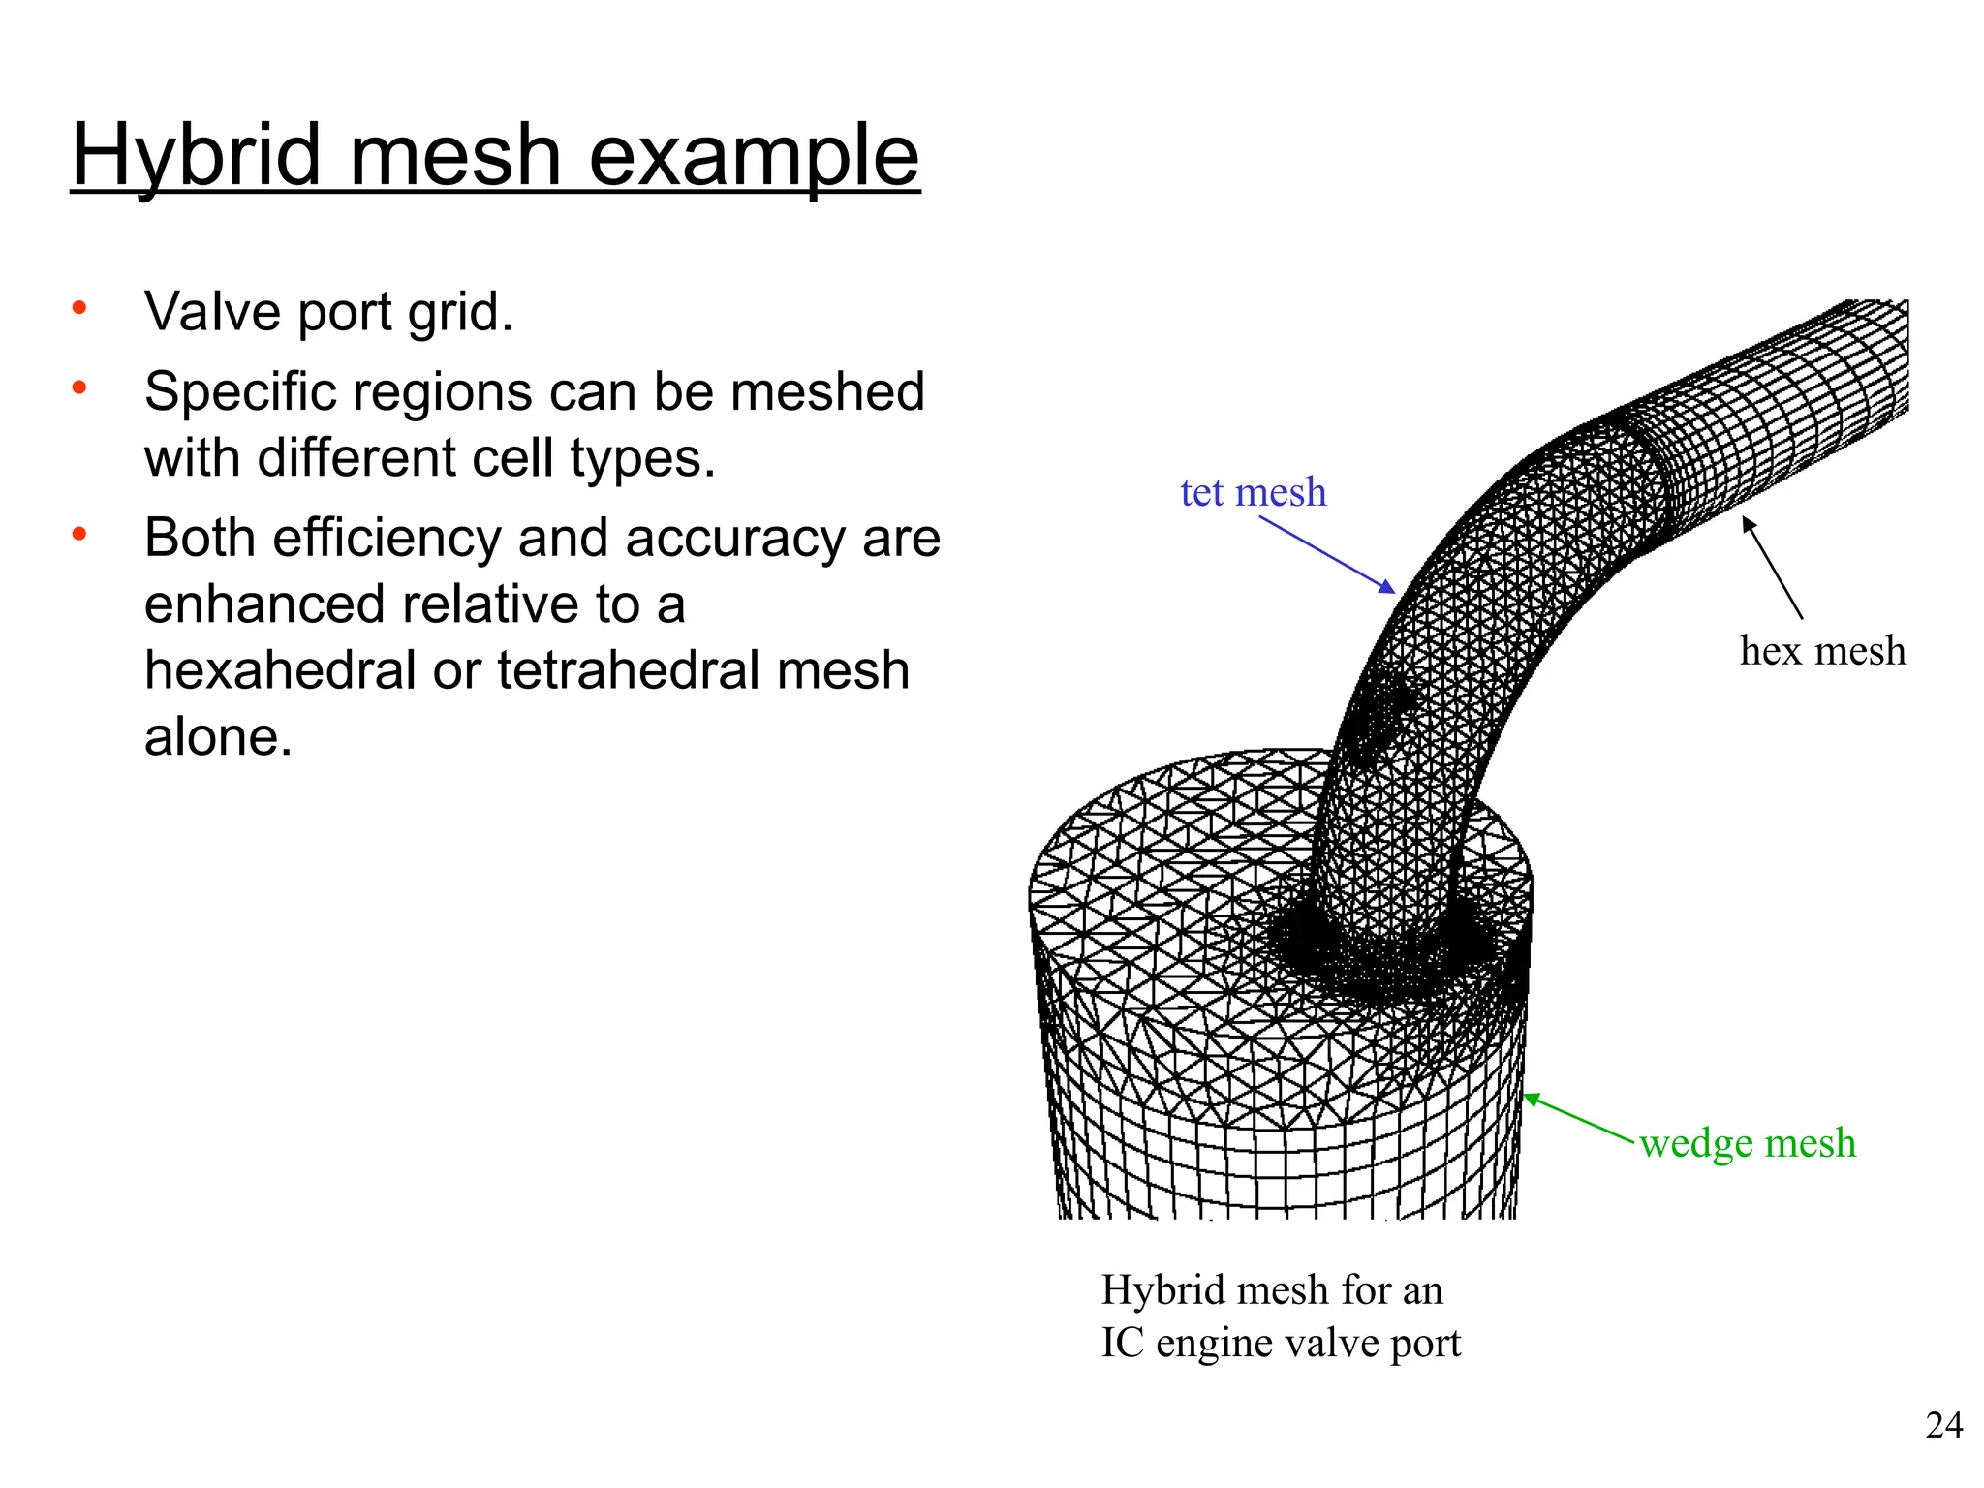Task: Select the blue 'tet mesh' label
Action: (1253, 492)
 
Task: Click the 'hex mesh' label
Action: (1822, 650)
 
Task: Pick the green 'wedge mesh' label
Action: (1748, 1143)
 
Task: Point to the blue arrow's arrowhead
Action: (1389, 587)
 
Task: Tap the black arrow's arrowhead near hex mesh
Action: (1748, 524)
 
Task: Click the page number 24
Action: (1943, 1425)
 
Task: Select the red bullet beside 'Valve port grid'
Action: (79, 308)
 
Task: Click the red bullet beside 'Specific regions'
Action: (79, 388)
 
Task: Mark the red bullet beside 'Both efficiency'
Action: (79, 534)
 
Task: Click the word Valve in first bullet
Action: (213, 312)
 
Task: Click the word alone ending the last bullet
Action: (217, 737)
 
